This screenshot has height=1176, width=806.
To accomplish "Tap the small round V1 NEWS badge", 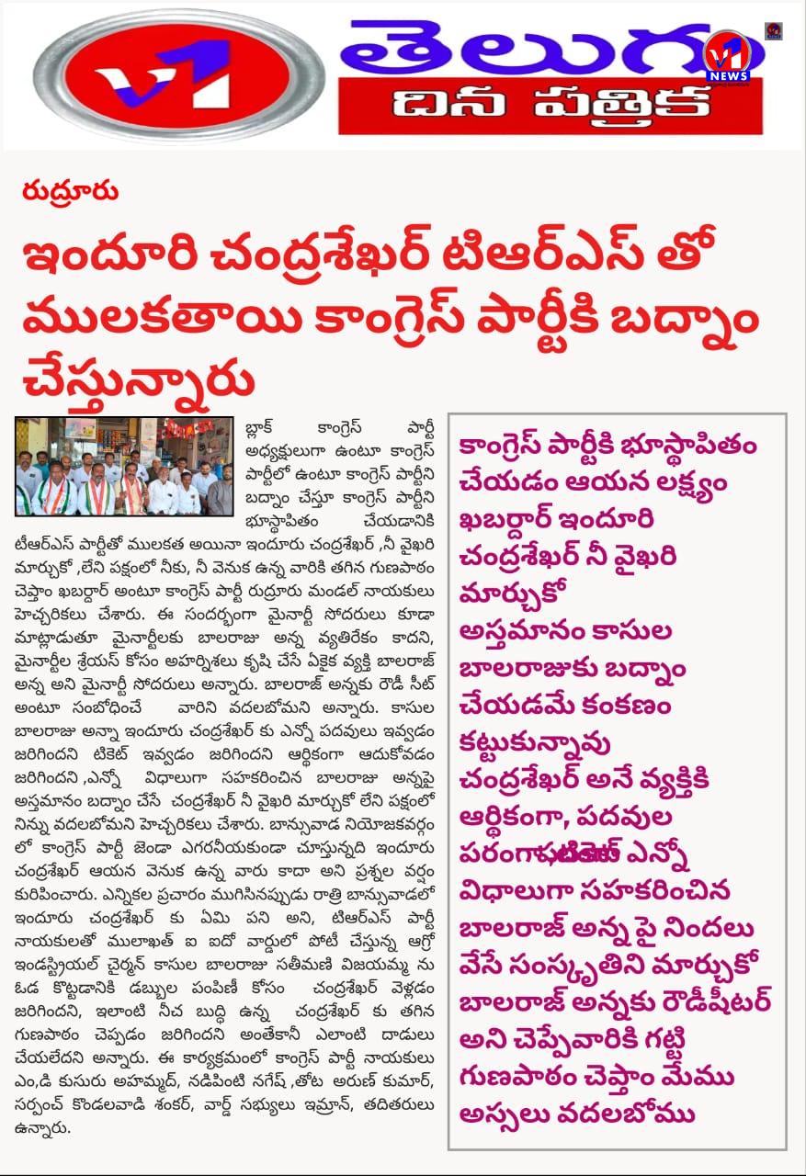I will [x=727, y=57].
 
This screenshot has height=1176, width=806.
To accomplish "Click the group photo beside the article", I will [x=124, y=467].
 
